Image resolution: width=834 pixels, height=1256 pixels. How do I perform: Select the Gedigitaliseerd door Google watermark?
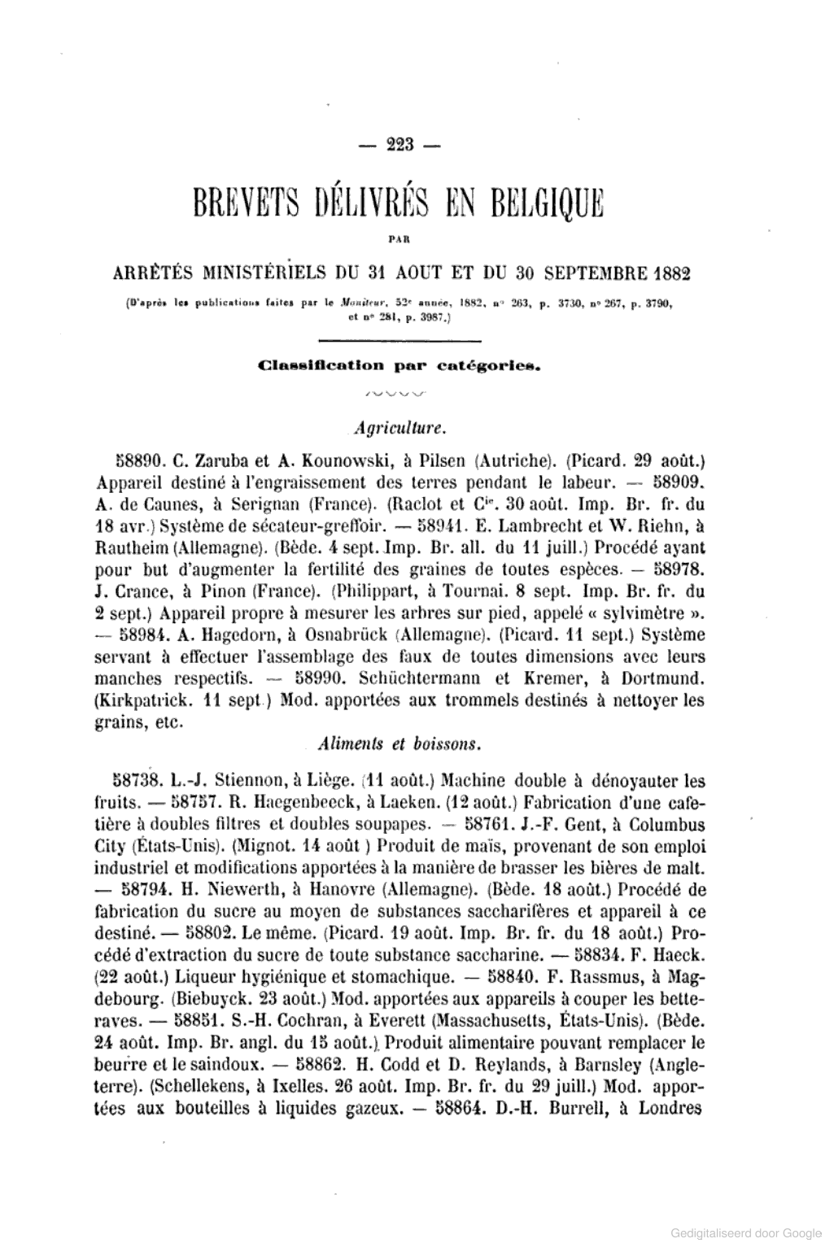tap(746, 1234)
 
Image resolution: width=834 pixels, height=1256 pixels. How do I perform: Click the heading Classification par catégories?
tap(399, 367)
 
